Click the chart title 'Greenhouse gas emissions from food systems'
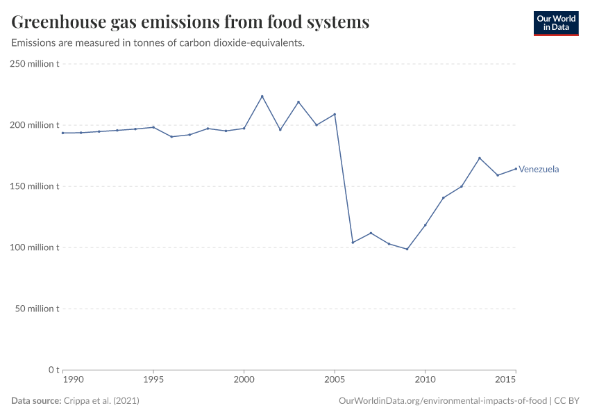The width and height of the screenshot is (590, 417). [190, 22]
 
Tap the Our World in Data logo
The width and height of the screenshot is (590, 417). [555, 23]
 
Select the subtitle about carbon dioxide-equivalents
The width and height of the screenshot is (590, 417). [158, 43]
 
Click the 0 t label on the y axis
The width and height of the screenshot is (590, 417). [53, 369]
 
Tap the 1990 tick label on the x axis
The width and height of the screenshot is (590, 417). [73, 380]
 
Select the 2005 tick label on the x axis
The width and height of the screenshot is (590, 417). [335, 380]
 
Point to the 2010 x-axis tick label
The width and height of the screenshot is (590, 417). [425, 380]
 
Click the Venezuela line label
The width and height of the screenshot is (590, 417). [539, 169]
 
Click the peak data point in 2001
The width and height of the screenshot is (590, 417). [262, 97]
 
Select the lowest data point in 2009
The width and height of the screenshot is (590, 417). [407, 249]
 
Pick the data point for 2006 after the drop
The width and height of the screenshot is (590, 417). [353, 243]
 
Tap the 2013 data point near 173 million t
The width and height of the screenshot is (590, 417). [480, 158]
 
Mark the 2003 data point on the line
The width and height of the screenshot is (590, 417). [298, 102]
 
